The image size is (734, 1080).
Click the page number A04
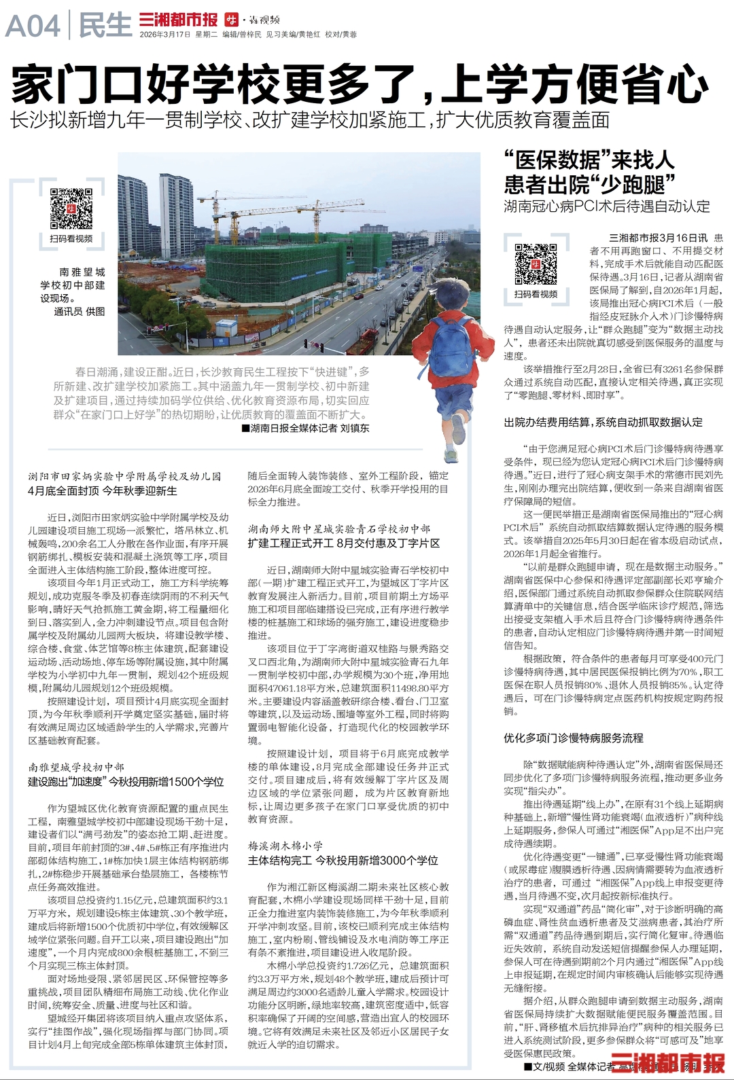(x=33, y=26)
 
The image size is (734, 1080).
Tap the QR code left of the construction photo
(x=71, y=208)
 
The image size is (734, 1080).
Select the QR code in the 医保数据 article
(x=536, y=264)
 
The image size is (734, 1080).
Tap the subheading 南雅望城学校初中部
(x=76, y=767)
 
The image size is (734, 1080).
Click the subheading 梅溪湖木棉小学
(x=285, y=846)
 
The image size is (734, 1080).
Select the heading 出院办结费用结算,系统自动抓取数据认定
(x=603, y=422)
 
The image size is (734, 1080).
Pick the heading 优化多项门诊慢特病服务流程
(x=573, y=738)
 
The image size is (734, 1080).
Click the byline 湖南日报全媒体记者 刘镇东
(x=305, y=428)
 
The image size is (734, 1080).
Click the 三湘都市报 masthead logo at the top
(x=178, y=19)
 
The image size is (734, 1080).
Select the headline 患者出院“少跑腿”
(x=589, y=184)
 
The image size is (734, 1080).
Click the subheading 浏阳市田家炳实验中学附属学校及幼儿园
(x=124, y=477)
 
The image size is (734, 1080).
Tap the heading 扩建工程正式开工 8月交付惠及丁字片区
(x=344, y=543)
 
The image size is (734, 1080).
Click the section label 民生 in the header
(x=105, y=26)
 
